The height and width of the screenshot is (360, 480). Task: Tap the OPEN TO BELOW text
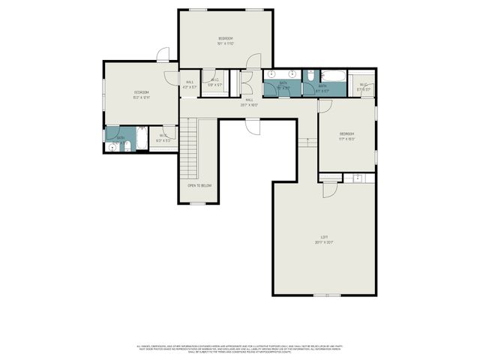(x=199, y=185)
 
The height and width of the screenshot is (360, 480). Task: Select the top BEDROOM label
(x=226, y=39)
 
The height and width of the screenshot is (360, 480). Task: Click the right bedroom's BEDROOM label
(x=346, y=135)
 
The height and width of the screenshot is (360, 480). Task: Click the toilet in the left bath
(x=125, y=145)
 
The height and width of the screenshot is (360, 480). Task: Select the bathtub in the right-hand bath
(x=331, y=75)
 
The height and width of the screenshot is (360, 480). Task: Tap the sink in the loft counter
(x=358, y=178)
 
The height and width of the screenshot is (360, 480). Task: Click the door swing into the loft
(x=328, y=189)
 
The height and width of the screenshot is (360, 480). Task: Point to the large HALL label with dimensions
(x=249, y=103)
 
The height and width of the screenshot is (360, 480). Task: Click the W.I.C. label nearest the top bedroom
(x=214, y=82)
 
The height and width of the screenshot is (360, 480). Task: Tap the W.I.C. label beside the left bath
(x=163, y=138)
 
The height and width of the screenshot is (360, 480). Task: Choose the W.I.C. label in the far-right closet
(x=364, y=87)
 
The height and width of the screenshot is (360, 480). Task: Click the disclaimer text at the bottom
(x=240, y=349)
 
